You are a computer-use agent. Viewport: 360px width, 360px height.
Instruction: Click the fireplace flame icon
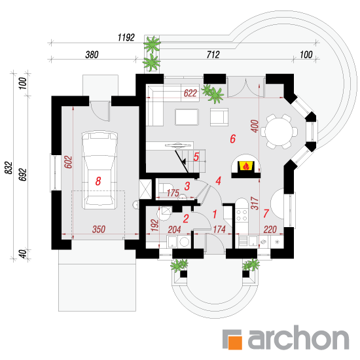[x=246, y=166]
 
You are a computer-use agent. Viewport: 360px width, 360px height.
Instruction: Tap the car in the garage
[x=99, y=170]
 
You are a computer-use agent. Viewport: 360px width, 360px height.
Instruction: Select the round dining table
[x=279, y=132]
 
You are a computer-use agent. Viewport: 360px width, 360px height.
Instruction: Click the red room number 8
[x=98, y=181]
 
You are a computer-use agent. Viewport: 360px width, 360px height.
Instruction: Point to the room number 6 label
[x=233, y=139]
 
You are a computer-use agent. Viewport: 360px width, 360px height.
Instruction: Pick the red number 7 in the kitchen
[x=266, y=213]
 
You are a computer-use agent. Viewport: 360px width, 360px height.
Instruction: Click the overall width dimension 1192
[x=126, y=37]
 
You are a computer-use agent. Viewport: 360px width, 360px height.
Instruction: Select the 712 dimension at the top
[x=213, y=54]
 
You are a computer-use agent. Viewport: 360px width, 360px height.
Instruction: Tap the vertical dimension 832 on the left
[x=9, y=168]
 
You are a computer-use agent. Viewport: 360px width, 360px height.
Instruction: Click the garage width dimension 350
[x=99, y=229]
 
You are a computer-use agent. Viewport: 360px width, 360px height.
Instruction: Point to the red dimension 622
[x=190, y=93]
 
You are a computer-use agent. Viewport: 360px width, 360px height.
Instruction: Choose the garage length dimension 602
[x=68, y=162]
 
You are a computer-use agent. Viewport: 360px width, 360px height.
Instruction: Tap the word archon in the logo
[x=298, y=338]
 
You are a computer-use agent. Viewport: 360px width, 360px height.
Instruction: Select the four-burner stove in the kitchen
[x=242, y=215]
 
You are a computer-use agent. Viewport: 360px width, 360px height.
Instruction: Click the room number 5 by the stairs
[x=196, y=157]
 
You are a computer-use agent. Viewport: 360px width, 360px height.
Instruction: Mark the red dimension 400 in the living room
[x=255, y=126]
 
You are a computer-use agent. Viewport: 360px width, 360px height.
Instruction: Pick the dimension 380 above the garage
[x=92, y=55]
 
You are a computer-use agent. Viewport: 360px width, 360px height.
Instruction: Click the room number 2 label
[x=186, y=219]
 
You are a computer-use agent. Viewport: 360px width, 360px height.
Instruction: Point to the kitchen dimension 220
[x=270, y=229]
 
